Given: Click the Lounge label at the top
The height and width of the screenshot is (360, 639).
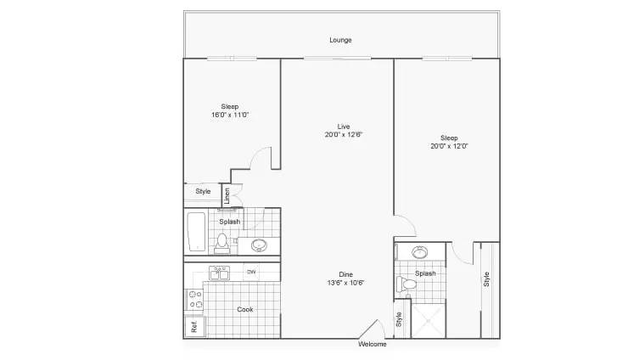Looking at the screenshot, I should click(x=341, y=40).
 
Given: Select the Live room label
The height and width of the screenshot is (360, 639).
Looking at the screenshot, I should click(x=344, y=127).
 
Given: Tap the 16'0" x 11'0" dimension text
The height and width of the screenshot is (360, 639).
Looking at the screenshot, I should click(x=229, y=115).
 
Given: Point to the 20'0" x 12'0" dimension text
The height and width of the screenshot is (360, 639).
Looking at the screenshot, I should click(x=449, y=146).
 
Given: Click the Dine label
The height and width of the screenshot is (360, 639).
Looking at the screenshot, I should click(x=345, y=273).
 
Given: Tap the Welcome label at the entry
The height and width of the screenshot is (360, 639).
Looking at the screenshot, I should click(x=373, y=344).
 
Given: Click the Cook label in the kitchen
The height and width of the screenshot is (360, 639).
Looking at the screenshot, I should click(x=244, y=309).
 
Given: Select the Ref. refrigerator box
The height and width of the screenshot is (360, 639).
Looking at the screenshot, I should click(x=193, y=326).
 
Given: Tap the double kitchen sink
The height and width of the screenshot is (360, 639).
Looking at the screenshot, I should click(x=221, y=273).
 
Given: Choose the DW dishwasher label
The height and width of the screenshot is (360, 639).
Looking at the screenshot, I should click(x=251, y=272).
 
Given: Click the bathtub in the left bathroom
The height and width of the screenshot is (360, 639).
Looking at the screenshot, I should click(x=195, y=232).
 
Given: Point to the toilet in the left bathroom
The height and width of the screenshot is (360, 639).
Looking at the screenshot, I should click(x=223, y=243).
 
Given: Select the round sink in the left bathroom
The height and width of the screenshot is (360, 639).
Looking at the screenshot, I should click(x=259, y=246).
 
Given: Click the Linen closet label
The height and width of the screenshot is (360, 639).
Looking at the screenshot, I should click(x=227, y=195).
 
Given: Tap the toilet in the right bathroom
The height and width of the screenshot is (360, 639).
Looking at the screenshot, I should click(x=408, y=284).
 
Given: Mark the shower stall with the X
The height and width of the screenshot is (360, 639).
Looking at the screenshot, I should click(x=428, y=319).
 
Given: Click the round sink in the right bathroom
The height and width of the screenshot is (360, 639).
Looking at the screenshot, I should click(x=420, y=252).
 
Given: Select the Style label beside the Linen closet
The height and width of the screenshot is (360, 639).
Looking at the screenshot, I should click(x=203, y=192).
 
